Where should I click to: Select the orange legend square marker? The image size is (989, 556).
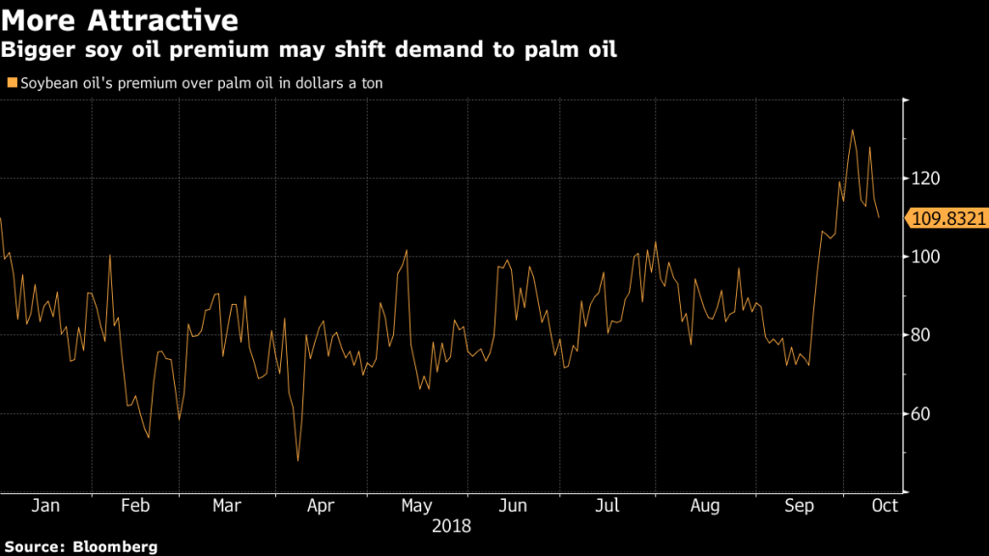tap(11, 84)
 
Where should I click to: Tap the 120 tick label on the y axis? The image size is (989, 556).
tap(924, 179)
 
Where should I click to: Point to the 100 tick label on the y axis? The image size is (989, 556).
tap(924, 257)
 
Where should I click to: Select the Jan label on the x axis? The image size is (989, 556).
tap(45, 505)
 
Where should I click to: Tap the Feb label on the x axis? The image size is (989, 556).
tap(134, 505)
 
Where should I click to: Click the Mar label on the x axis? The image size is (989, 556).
tap(226, 505)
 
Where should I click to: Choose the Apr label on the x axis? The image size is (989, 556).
tap(321, 505)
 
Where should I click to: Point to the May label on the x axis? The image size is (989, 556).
tap(415, 505)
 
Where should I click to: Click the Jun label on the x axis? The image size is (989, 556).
tap(513, 505)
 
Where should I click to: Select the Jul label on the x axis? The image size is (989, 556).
tap(608, 505)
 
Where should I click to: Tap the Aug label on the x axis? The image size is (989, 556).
tap(705, 505)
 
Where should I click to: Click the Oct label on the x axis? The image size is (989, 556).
tap(884, 505)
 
